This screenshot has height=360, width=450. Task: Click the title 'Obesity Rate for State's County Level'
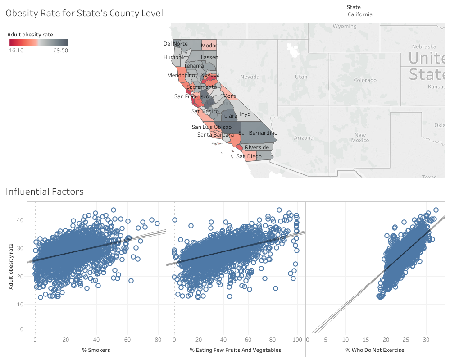[84, 14]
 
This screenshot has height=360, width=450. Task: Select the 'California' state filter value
[360, 14]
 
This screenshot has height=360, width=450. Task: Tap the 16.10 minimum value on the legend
[16, 50]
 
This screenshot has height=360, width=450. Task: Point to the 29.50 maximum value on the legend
[60, 50]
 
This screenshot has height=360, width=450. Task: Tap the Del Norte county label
[175, 44]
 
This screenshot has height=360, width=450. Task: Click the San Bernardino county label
[258, 133]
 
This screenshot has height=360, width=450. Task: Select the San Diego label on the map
[249, 156]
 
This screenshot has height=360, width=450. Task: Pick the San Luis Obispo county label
[211, 127]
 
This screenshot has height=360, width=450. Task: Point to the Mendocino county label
[181, 75]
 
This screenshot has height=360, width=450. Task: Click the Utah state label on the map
[301, 77]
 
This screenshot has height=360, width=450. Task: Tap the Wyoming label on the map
[345, 27]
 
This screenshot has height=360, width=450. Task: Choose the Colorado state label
[365, 80]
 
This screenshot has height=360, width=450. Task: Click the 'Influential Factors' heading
[45, 192]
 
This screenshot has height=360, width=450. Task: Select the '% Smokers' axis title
[96, 350]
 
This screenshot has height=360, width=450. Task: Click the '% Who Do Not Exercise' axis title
[375, 350]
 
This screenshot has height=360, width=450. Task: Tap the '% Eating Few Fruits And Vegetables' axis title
[235, 350]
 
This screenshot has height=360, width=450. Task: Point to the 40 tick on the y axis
[20, 220]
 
